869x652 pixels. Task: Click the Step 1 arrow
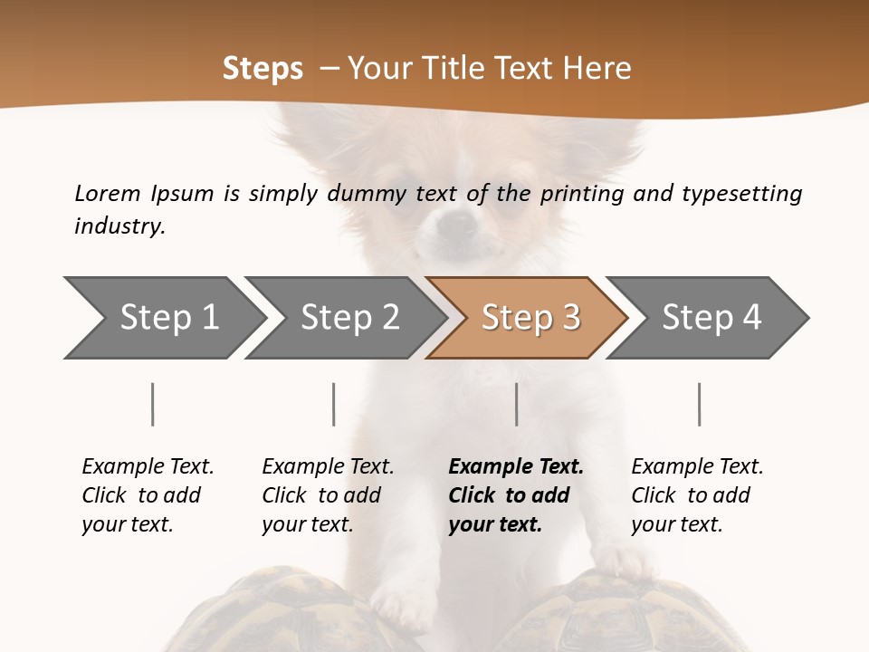coord(168,318)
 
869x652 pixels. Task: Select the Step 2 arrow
coord(349,318)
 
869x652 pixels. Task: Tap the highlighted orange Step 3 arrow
coord(530,318)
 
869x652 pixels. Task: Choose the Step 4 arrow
coord(711,318)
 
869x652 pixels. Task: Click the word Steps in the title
coord(263,69)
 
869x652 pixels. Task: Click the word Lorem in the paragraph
coord(108,194)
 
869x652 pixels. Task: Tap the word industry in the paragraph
coord(119,226)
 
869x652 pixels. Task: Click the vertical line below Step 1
coord(152,404)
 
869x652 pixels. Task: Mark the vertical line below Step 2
coord(334,404)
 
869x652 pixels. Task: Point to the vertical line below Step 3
coord(516,404)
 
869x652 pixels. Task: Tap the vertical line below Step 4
coord(699,404)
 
